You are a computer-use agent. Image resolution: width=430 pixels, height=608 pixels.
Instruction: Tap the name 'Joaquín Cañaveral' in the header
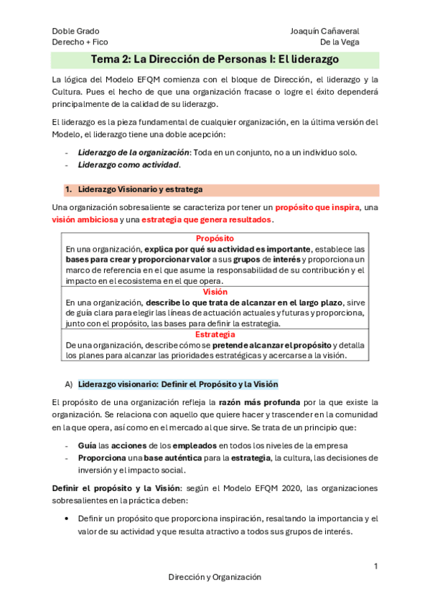click(x=325, y=31)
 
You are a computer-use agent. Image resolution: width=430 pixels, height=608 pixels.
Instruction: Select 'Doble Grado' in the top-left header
click(x=75, y=31)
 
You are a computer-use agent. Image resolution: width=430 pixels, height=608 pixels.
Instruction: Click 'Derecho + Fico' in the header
click(x=80, y=42)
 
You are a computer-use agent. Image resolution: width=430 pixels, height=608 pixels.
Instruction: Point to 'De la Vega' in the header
click(x=340, y=42)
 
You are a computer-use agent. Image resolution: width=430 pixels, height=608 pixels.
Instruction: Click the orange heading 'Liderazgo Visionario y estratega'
click(x=139, y=189)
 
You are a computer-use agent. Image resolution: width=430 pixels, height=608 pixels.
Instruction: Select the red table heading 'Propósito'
click(x=215, y=238)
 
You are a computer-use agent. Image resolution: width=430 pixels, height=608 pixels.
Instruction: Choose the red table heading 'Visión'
click(x=215, y=292)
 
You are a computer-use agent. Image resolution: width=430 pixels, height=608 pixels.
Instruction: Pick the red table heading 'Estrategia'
click(x=215, y=335)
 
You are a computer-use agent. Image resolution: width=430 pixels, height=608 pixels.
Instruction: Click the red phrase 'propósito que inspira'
click(x=317, y=207)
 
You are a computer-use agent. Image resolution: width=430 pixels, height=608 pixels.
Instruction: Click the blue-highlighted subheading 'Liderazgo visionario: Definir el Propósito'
click(x=177, y=384)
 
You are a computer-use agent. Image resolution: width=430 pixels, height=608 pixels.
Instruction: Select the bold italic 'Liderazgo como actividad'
click(x=128, y=165)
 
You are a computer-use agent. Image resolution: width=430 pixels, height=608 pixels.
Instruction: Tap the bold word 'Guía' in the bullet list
click(x=87, y=445)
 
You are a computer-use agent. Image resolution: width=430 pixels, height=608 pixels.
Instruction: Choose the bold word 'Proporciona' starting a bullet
click(x=101, y=457)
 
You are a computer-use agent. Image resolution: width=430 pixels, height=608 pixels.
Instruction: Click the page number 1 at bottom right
click(x=375, y=566)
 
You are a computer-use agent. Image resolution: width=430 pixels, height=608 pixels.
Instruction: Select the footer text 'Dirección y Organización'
click(x=215, y=577)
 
